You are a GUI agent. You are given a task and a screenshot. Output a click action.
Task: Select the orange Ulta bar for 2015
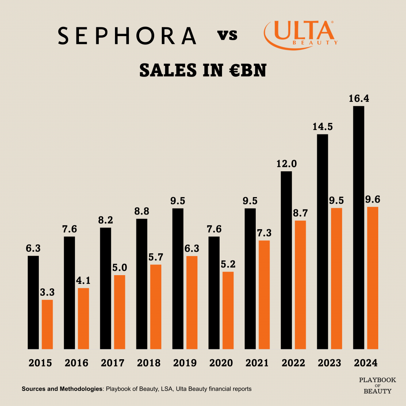(47, 324)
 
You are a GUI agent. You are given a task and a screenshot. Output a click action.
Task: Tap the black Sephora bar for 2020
(214, 293)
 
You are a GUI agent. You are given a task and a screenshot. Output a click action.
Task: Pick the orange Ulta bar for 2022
(301, 285)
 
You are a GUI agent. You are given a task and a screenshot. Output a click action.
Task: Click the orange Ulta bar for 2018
(156, 306)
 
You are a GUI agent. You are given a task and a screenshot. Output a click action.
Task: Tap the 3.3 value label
(47, 293)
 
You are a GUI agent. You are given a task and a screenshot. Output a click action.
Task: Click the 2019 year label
(185, 363)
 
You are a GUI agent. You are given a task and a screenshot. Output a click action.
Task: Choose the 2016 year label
(77, 363)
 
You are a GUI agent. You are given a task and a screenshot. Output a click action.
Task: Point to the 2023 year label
(329, 363)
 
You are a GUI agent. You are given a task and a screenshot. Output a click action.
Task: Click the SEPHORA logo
(127, 36)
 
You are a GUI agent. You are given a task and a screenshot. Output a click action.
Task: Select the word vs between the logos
(228, 36)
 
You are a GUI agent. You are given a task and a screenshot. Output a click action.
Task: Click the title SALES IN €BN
(203, 70)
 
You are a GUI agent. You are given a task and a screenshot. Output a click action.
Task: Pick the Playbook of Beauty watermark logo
(377, 385)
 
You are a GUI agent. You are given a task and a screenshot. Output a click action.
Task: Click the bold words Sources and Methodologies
(62, 389)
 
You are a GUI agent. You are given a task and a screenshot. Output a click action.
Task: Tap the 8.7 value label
(301, 213)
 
